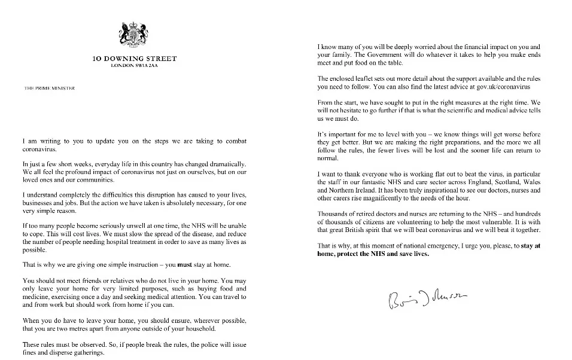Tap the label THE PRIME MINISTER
pos(45,88)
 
